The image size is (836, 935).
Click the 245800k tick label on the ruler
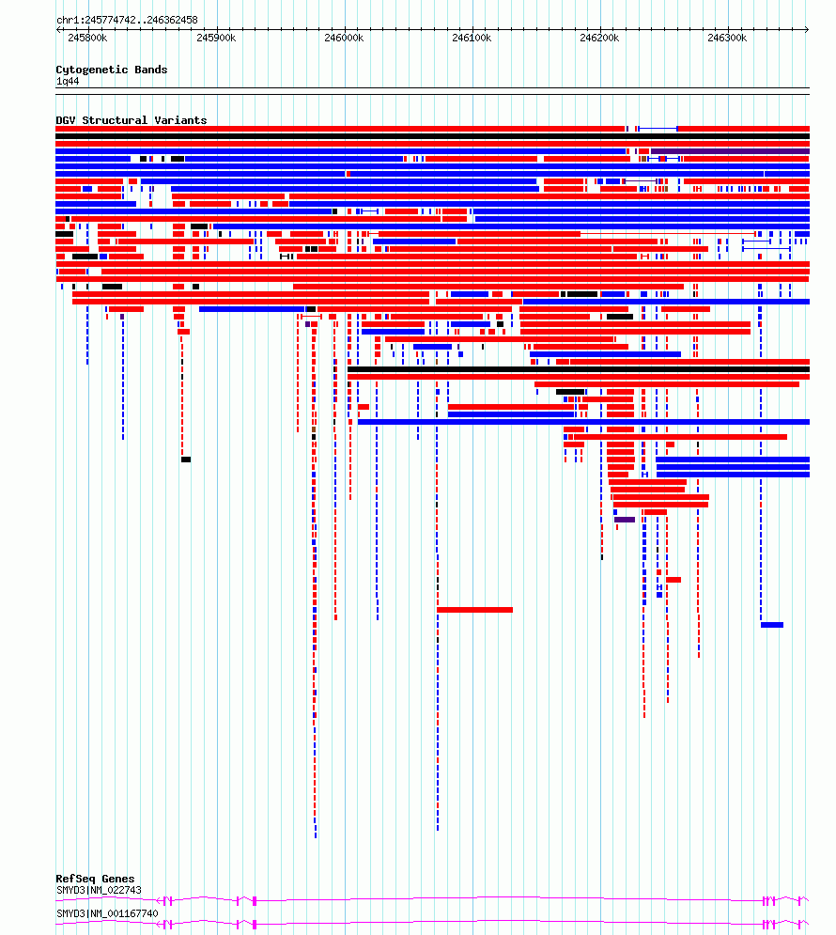pyautogui.click(x=87, y=39)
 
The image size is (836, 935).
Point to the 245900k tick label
pyautogui.click(x=216, y=39)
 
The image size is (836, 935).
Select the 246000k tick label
pyautogui.click(x=344, y=39)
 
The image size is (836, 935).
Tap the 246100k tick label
pyautogui.click(x=472, y=39)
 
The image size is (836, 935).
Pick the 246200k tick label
pyautogui.click(x=599, y=39)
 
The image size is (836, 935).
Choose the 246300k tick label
pyautogui.click(x=727, y=39)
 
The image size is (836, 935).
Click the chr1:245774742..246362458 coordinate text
pyautogui.click(x=127, y=20)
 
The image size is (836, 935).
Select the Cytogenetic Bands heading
pyautogui.click(x=112, y=70)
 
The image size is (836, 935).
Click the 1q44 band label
pyautogui.click(x=68, y=81)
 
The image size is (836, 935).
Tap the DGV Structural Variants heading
pyautogui.click(x=132, y=120)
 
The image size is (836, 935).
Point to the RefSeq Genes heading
pyautogui.click(x=95, y=879)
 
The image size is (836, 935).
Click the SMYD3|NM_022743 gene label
pyautogui.click(x=99, y=890)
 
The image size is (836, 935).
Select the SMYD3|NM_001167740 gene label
pyautogui.click(x=107, y=913)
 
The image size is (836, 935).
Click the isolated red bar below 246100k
pyautogui.click(x=475, y=610)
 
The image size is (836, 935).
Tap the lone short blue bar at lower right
pyautogui.click(x=772, y=625)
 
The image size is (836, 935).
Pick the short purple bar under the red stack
pyautogui.click(x=625, y=520)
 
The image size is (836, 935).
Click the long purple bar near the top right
pyautogui.click(x=730, y=151)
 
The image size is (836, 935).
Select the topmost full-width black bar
pyautogui.click(x=433, y=136)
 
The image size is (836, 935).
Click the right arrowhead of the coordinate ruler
pyautogui.click(x=807, y=29)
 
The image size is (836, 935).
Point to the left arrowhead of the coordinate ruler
pyautogui.click(x=58, y=29)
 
